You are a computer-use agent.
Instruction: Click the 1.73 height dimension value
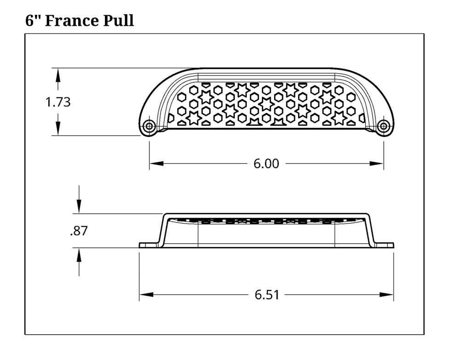pyautogui.click(x=58, y=102)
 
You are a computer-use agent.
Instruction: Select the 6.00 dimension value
pyautogui.click(x=266, y=164)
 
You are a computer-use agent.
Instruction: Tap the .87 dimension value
pyautogui.click(x=79, y=231)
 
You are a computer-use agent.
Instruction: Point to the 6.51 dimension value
pyautogui.click(x=267, y=295)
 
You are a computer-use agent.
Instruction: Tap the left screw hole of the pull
pyautogui.click(x=149, y=126)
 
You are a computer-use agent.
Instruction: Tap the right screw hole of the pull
pyautogui.click(x=383, y=126)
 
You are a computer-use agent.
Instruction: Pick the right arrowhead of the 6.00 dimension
pyautogui.click(x=376, y=164)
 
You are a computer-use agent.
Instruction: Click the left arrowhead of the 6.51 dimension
pyautogui.click(x=146, y=295)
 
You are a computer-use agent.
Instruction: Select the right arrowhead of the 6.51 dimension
pyautogui.click(x=386, y=295)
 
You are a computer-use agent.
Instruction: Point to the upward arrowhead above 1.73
pyautogui.click(x=58, y=75)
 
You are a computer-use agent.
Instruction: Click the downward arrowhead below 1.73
pyautogui.click(x=58, y=128)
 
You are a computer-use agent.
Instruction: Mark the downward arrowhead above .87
pyautogui.click(x=79, y=206)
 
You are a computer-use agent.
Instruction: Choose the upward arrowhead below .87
pyautogui.click(x=79, y=255)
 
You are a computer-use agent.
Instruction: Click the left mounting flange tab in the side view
pyautogui.click(x=149, y=245)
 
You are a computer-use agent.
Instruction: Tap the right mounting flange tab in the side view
pyautogui.click(x=384, y=245)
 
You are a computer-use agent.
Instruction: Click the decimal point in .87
pyautogui.click(x=71, y=235)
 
